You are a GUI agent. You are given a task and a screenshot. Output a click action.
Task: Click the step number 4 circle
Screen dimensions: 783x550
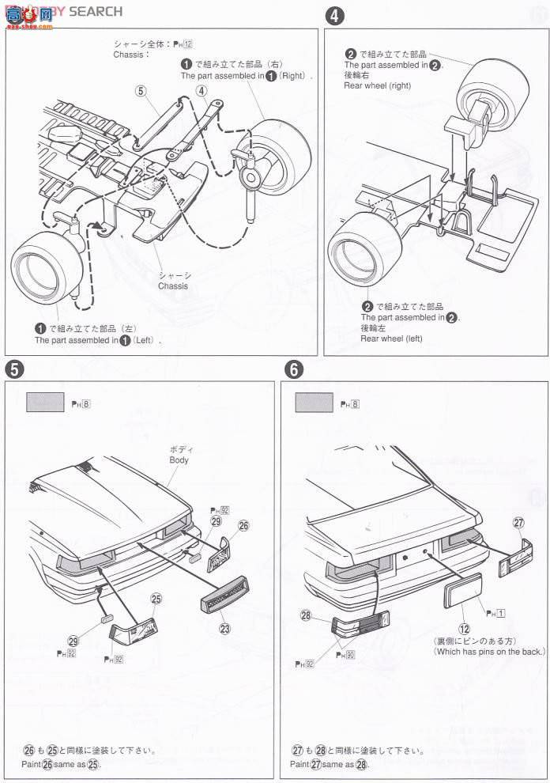pyautogui.click(x=335, y=15)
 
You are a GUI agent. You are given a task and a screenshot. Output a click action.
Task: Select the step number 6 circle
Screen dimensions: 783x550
pyautogui.click(x=294, y=369)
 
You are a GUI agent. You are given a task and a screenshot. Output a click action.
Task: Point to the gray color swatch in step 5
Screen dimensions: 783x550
pyautogui.click(x=46, y=403)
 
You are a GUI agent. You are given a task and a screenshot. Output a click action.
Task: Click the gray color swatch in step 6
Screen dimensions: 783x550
pyautogui.click(x=314, y=403)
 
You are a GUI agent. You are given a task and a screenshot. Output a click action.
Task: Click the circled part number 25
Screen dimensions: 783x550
pyautogui.click(x=156, y=599)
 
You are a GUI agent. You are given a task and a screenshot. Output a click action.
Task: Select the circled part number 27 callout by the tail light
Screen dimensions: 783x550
pyautogui.click(x=518, y=522)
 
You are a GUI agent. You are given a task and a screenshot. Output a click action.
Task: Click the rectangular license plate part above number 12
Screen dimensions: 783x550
pyautogui.click(x=462, y=591)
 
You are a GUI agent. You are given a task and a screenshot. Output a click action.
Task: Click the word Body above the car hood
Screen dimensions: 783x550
pyautogui.click(x=179, y=460)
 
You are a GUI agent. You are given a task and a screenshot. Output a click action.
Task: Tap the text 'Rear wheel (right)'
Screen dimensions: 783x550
pyautogui.click(x=377, y=85)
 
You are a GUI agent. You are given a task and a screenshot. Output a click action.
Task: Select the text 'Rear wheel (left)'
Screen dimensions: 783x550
pyautogui.click(x=391, y=339)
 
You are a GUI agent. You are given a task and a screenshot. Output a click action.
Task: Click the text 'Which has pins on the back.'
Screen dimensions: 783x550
pyautogui.click(x=489, y=651)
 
